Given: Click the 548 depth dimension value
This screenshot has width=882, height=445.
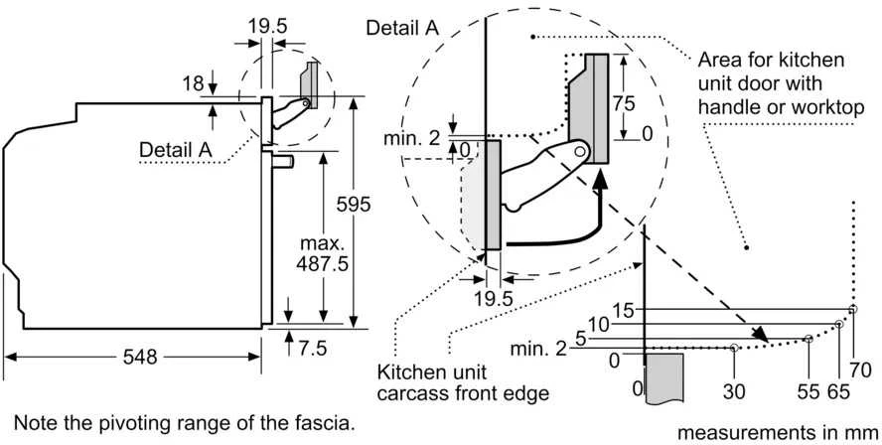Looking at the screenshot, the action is point(140,357).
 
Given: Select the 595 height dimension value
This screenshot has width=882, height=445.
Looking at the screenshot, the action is point(354,205).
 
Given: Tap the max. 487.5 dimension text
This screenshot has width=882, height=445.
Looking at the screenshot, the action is point(324,254).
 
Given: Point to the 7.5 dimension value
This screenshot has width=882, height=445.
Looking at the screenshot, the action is point(313,349).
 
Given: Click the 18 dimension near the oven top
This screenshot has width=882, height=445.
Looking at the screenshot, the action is point(193,83).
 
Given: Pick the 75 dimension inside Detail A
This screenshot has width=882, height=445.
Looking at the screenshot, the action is point(624,103).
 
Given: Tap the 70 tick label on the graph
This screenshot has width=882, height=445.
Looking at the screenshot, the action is point(860,370).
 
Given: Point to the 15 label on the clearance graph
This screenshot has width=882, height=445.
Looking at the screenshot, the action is point(624,311).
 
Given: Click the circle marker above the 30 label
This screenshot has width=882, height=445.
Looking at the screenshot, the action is point(734,348).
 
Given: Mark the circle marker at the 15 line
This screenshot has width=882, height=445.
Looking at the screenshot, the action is point(853,309).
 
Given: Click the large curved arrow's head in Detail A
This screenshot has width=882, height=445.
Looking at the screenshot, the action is point(601,180).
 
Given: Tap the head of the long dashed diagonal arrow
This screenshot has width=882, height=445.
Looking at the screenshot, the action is point(760,334).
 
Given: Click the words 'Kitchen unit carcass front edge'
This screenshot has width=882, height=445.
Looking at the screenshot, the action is point(463,382).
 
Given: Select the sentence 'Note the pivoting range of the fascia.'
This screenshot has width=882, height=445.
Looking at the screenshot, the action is point(185,422).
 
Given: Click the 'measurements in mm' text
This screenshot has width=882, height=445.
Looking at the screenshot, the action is point(778,433).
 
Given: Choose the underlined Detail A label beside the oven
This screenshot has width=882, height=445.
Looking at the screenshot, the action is point(176,150).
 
